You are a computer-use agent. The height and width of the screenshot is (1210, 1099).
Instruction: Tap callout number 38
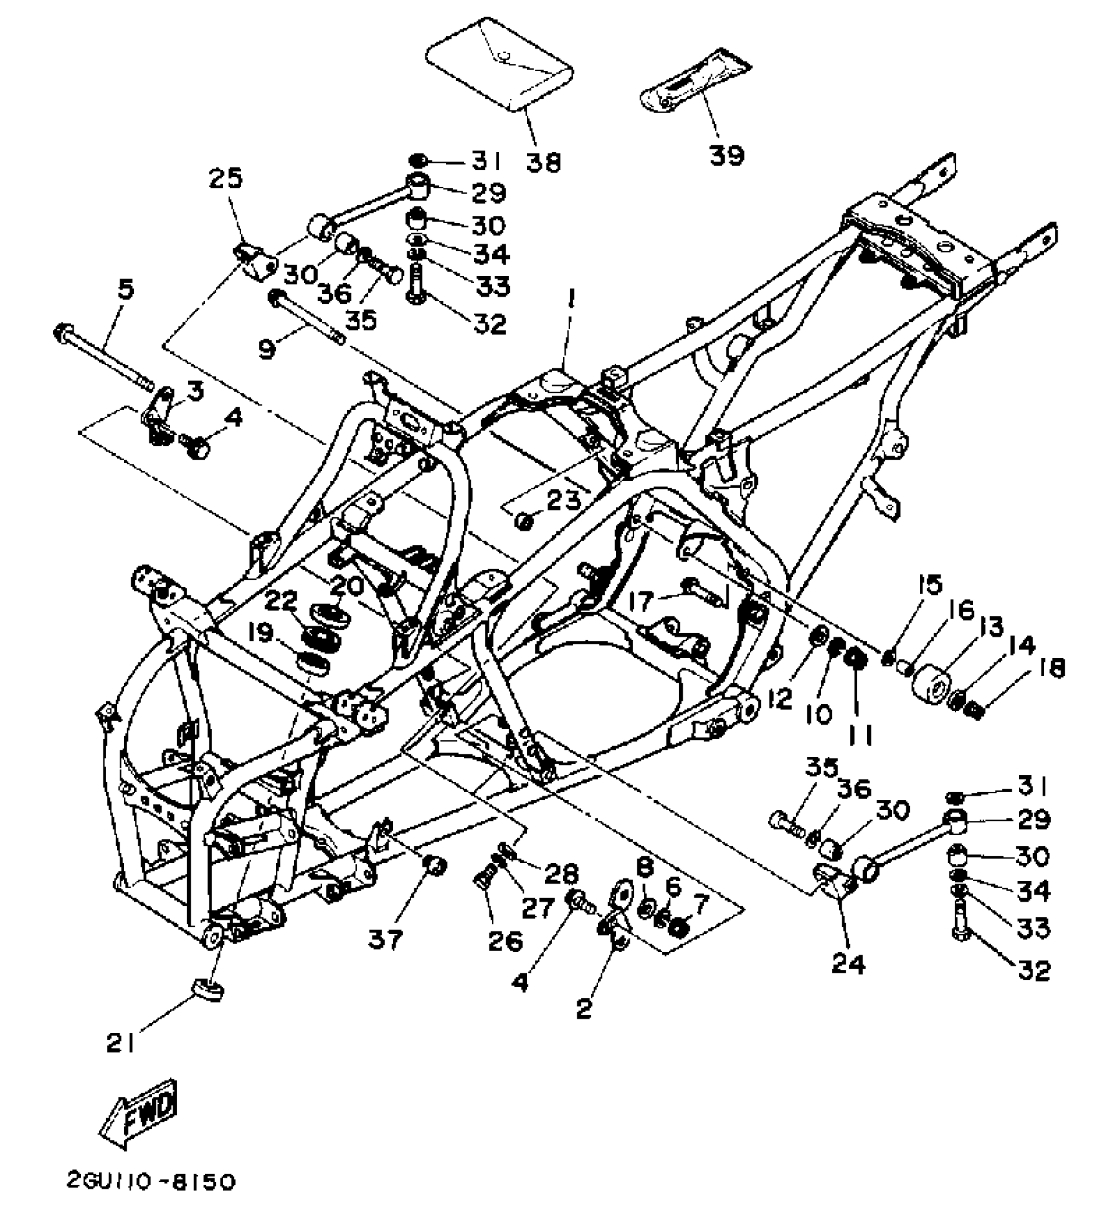point(542,162)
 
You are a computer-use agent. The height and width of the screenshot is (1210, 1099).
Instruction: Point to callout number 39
point(727,154)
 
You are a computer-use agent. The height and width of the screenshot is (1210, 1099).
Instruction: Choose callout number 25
point(226,178)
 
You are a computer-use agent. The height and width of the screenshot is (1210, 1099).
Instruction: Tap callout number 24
point(848,964)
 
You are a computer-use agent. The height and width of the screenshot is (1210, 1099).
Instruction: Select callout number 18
point(1052,668)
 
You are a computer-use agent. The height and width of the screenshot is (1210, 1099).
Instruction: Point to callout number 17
point(641,602)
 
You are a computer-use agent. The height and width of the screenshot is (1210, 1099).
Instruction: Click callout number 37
point(386,938)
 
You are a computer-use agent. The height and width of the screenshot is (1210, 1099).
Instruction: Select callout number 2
point(583,1009)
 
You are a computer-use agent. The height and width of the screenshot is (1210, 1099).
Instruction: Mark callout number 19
point(261,633)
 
